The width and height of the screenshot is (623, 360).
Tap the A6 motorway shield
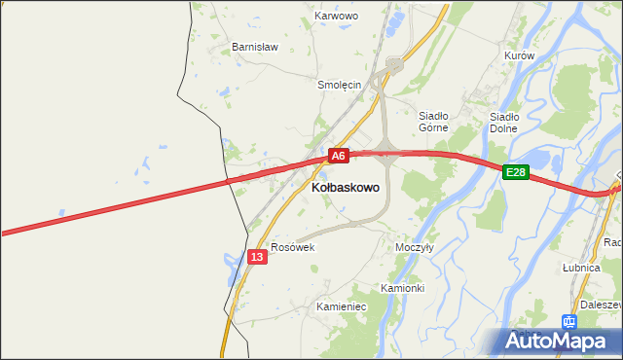(338, 156)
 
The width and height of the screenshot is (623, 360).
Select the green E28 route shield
(516, 173)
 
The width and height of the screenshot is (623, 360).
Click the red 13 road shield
(256, 257)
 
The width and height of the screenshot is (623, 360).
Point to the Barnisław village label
(255, 47)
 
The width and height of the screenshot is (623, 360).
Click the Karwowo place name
(337, 17)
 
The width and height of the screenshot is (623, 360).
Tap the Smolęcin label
(340, 85)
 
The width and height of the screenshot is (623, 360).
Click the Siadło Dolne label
(503, 122)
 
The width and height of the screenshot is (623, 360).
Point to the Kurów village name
(520, 56)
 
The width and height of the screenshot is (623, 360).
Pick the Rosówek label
(293, 248)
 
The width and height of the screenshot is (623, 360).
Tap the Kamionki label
(402, 289)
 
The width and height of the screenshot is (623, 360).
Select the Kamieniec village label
(341, 306)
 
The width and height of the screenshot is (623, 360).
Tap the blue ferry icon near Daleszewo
(569, 322)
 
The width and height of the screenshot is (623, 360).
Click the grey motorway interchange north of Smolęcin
(393, 65)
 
